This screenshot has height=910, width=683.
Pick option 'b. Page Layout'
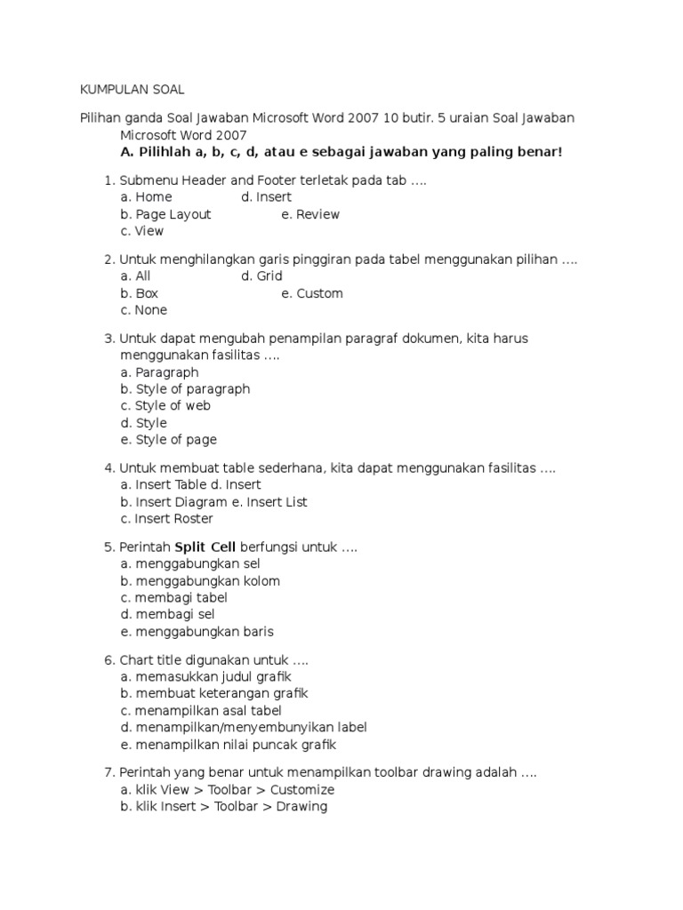pos(165,214)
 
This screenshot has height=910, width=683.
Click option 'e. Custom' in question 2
pos(312,293)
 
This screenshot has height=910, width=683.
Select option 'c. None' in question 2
pos(143,310)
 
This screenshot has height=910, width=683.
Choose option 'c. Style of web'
pos(165,406)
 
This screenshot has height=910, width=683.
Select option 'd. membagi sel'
pos(167,614)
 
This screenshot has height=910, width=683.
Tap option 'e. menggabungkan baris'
pos(197,632)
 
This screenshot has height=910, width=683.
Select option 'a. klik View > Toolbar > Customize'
pos(227,790)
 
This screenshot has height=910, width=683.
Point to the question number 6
pos(108,660)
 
